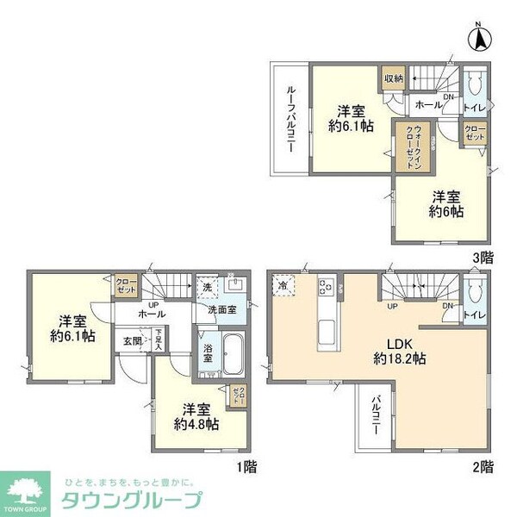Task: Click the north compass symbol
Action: pyautogui.click(x=480, y=39)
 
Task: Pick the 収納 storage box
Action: pyautogui.click(x=394, y=79)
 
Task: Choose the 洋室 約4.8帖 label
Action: pyautogui.click(x=196, y=416)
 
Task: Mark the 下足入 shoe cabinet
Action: pyautogui.click(x=159, y=339)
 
